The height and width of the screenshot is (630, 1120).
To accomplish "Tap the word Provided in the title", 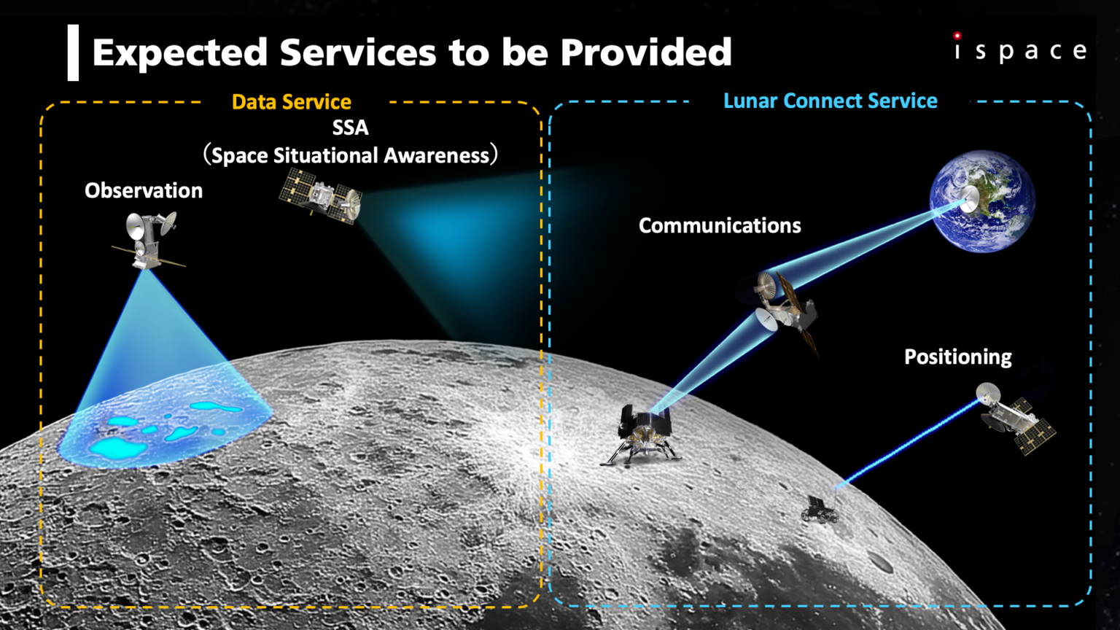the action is (646, 52).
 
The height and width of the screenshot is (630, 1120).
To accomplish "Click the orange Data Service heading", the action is (292, 102).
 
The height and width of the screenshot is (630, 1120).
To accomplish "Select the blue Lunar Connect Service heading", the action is (831, 101).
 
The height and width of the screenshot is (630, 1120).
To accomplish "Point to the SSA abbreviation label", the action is (351, 128).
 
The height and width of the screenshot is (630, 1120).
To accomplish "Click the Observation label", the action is (144, 191).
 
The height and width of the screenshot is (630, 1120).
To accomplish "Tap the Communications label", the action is (720, 225).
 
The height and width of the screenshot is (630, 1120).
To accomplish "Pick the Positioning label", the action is (958, 357).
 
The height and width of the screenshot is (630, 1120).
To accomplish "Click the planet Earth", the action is (982, 201).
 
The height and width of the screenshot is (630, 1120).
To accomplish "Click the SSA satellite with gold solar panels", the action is (321, 196).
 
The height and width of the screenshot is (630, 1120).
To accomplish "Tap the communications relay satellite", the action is (786, 308).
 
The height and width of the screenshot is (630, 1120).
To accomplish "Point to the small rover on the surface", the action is (820, 509).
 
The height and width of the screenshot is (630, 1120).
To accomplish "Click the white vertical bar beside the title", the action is (73, 52).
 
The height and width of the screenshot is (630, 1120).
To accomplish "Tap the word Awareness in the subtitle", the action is (436, 156).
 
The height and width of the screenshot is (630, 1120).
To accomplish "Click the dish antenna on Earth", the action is (969, 199).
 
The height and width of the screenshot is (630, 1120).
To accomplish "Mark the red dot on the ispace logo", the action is (957, 36).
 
